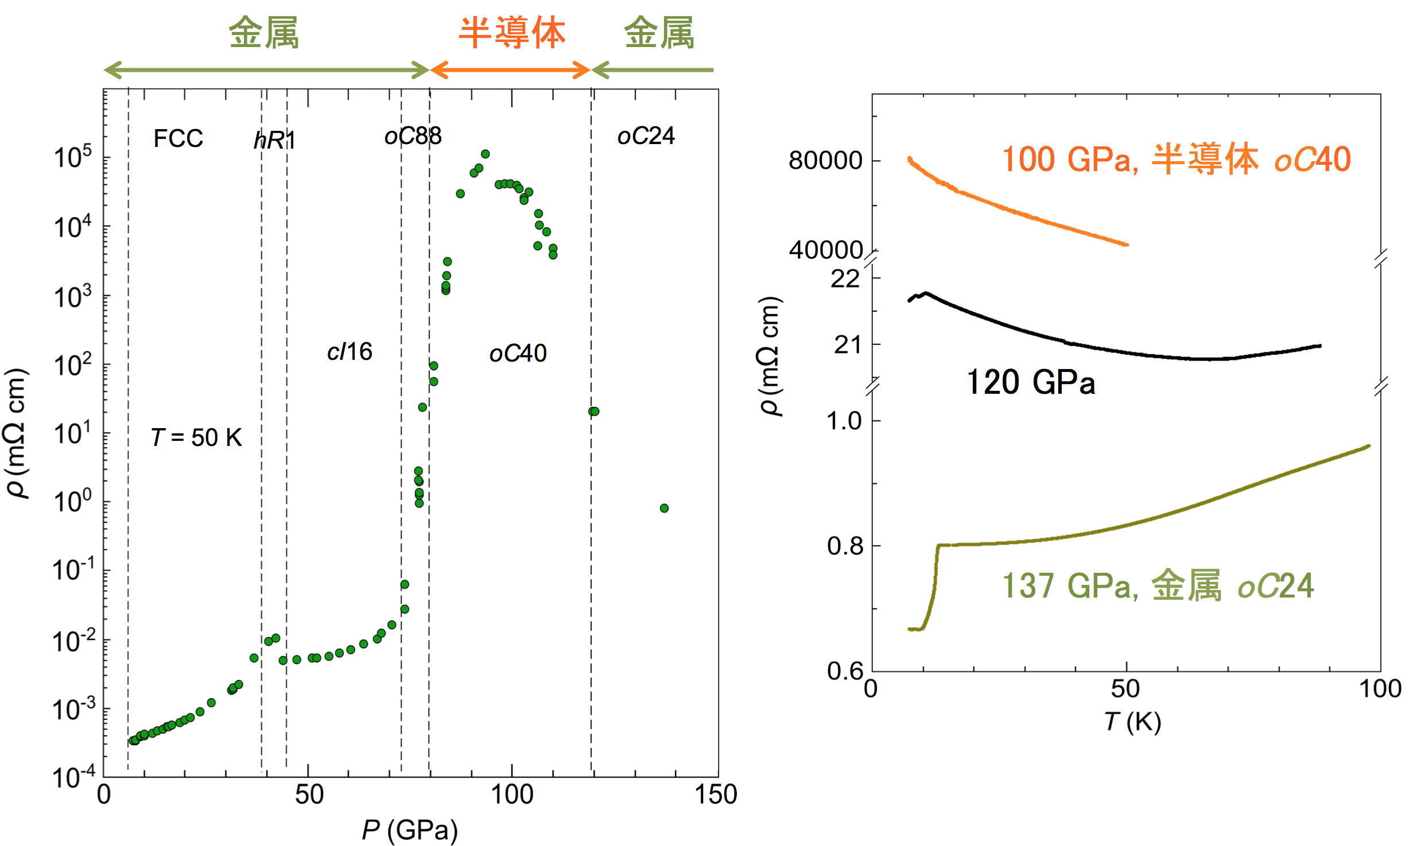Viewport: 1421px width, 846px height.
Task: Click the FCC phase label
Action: point(178,138)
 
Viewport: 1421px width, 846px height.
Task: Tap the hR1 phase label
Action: point(274,140)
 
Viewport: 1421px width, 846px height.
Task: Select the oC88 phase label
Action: point(413,136)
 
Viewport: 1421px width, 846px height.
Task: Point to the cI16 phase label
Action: point(350,351)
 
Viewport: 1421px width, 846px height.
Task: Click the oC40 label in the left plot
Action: point(518,353)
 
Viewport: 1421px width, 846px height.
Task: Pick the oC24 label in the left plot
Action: point(646,136)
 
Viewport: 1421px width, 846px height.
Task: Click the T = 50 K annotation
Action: point(196,437)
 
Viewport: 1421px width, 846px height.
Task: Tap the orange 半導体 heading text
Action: point(511,33)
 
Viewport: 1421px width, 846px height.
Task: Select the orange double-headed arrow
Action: point(510,70)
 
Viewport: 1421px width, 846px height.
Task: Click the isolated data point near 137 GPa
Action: point(664,508)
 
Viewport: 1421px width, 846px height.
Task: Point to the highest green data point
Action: point(485,154)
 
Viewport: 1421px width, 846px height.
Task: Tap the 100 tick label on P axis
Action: point(511,795)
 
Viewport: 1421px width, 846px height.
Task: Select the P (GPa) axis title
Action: point(410,830)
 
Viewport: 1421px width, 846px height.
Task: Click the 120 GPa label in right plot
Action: point(1030,382)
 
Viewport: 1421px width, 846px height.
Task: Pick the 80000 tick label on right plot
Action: point(825,160)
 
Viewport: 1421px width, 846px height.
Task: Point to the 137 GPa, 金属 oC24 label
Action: point(1158,586)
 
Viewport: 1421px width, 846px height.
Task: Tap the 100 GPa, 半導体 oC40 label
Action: point(1176,159)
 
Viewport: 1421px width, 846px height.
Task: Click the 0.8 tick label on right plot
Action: point(845,546)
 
